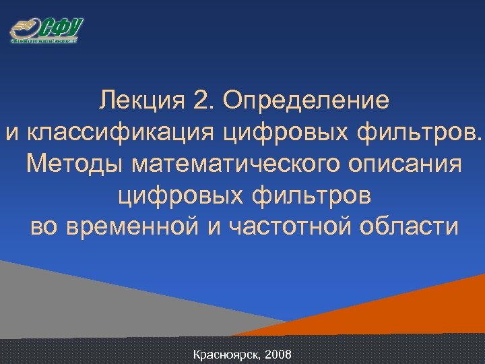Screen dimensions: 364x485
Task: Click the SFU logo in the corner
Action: coord(46,30)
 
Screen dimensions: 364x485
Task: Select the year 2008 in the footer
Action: coord(279,354)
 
